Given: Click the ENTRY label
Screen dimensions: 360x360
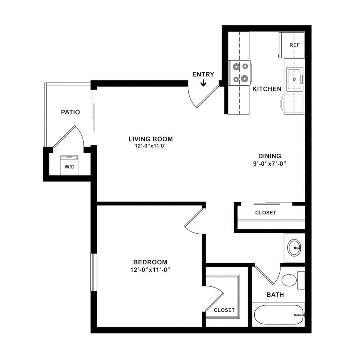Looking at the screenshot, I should (203, 74).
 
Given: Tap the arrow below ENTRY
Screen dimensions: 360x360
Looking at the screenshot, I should (203, 82).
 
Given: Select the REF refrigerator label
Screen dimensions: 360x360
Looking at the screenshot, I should (294, 45).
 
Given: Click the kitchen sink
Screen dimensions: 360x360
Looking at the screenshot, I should (295, 79).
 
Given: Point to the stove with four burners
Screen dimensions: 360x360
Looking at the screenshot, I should (240, 73).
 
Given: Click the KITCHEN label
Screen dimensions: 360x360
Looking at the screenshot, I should (267, 89).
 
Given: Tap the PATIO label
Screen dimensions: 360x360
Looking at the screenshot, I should (70, 112).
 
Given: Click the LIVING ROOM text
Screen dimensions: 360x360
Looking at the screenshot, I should (150, 139).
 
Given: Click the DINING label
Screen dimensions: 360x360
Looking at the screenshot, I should (270, 156).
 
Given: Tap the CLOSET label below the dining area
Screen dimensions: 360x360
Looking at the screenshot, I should (265, 213).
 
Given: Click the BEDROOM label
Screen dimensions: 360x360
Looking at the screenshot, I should (150, 262).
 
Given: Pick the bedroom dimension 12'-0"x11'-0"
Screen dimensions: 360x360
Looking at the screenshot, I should (150, 270).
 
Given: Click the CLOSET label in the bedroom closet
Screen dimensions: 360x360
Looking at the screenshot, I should (224, 310).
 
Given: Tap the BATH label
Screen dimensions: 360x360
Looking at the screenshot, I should (275, 295).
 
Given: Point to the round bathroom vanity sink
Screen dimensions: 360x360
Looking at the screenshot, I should (295, 248).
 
